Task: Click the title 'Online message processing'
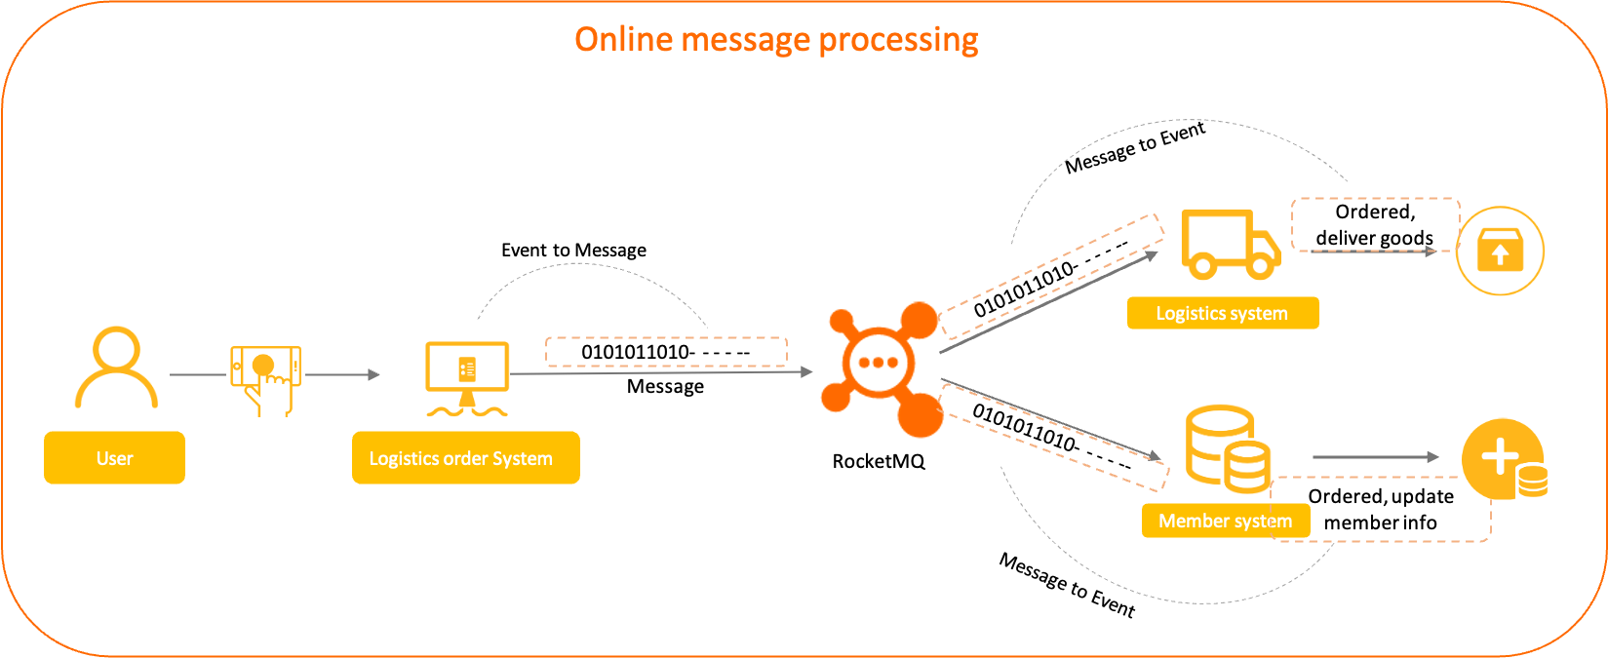(776, 40)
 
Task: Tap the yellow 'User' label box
(114, 458)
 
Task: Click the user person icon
(116, 368)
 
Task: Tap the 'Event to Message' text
(573, 251)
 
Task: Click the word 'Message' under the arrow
(665, 387)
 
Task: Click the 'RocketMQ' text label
(878, 462)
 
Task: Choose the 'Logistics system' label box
(1222, 314)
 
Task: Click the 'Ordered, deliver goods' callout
(1374, 225)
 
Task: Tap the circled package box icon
(1500, 251)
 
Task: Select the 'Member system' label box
(1225, 522)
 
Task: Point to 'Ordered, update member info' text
(1381, 510)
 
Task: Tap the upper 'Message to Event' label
(1135, 148)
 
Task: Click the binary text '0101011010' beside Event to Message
(638, 352)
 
